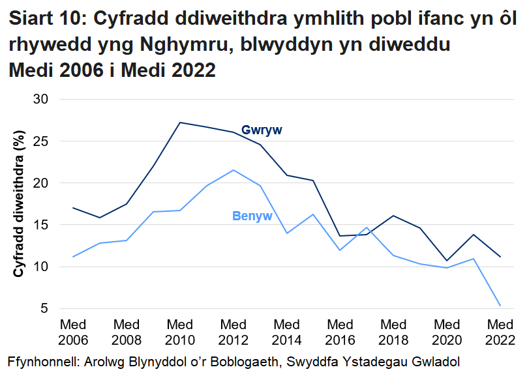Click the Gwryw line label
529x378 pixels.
pos(262,130)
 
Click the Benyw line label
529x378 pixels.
pos(252,216)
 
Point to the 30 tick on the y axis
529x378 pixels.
pos(50,99)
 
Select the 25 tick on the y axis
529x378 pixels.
pos(50,141)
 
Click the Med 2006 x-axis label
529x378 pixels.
pos(72,332)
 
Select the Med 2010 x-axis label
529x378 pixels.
pos(179,332)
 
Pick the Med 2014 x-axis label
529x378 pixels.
pos(286,332)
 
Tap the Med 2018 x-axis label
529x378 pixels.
pos(393,332)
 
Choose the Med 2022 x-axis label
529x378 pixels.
pos(500,332)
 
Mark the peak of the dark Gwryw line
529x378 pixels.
pos(179,123)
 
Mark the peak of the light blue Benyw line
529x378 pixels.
pos(234,170)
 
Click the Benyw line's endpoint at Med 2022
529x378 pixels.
pos(500,306)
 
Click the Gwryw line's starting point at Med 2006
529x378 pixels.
pos(72,208)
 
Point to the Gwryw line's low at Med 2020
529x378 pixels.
pos(447,261)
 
